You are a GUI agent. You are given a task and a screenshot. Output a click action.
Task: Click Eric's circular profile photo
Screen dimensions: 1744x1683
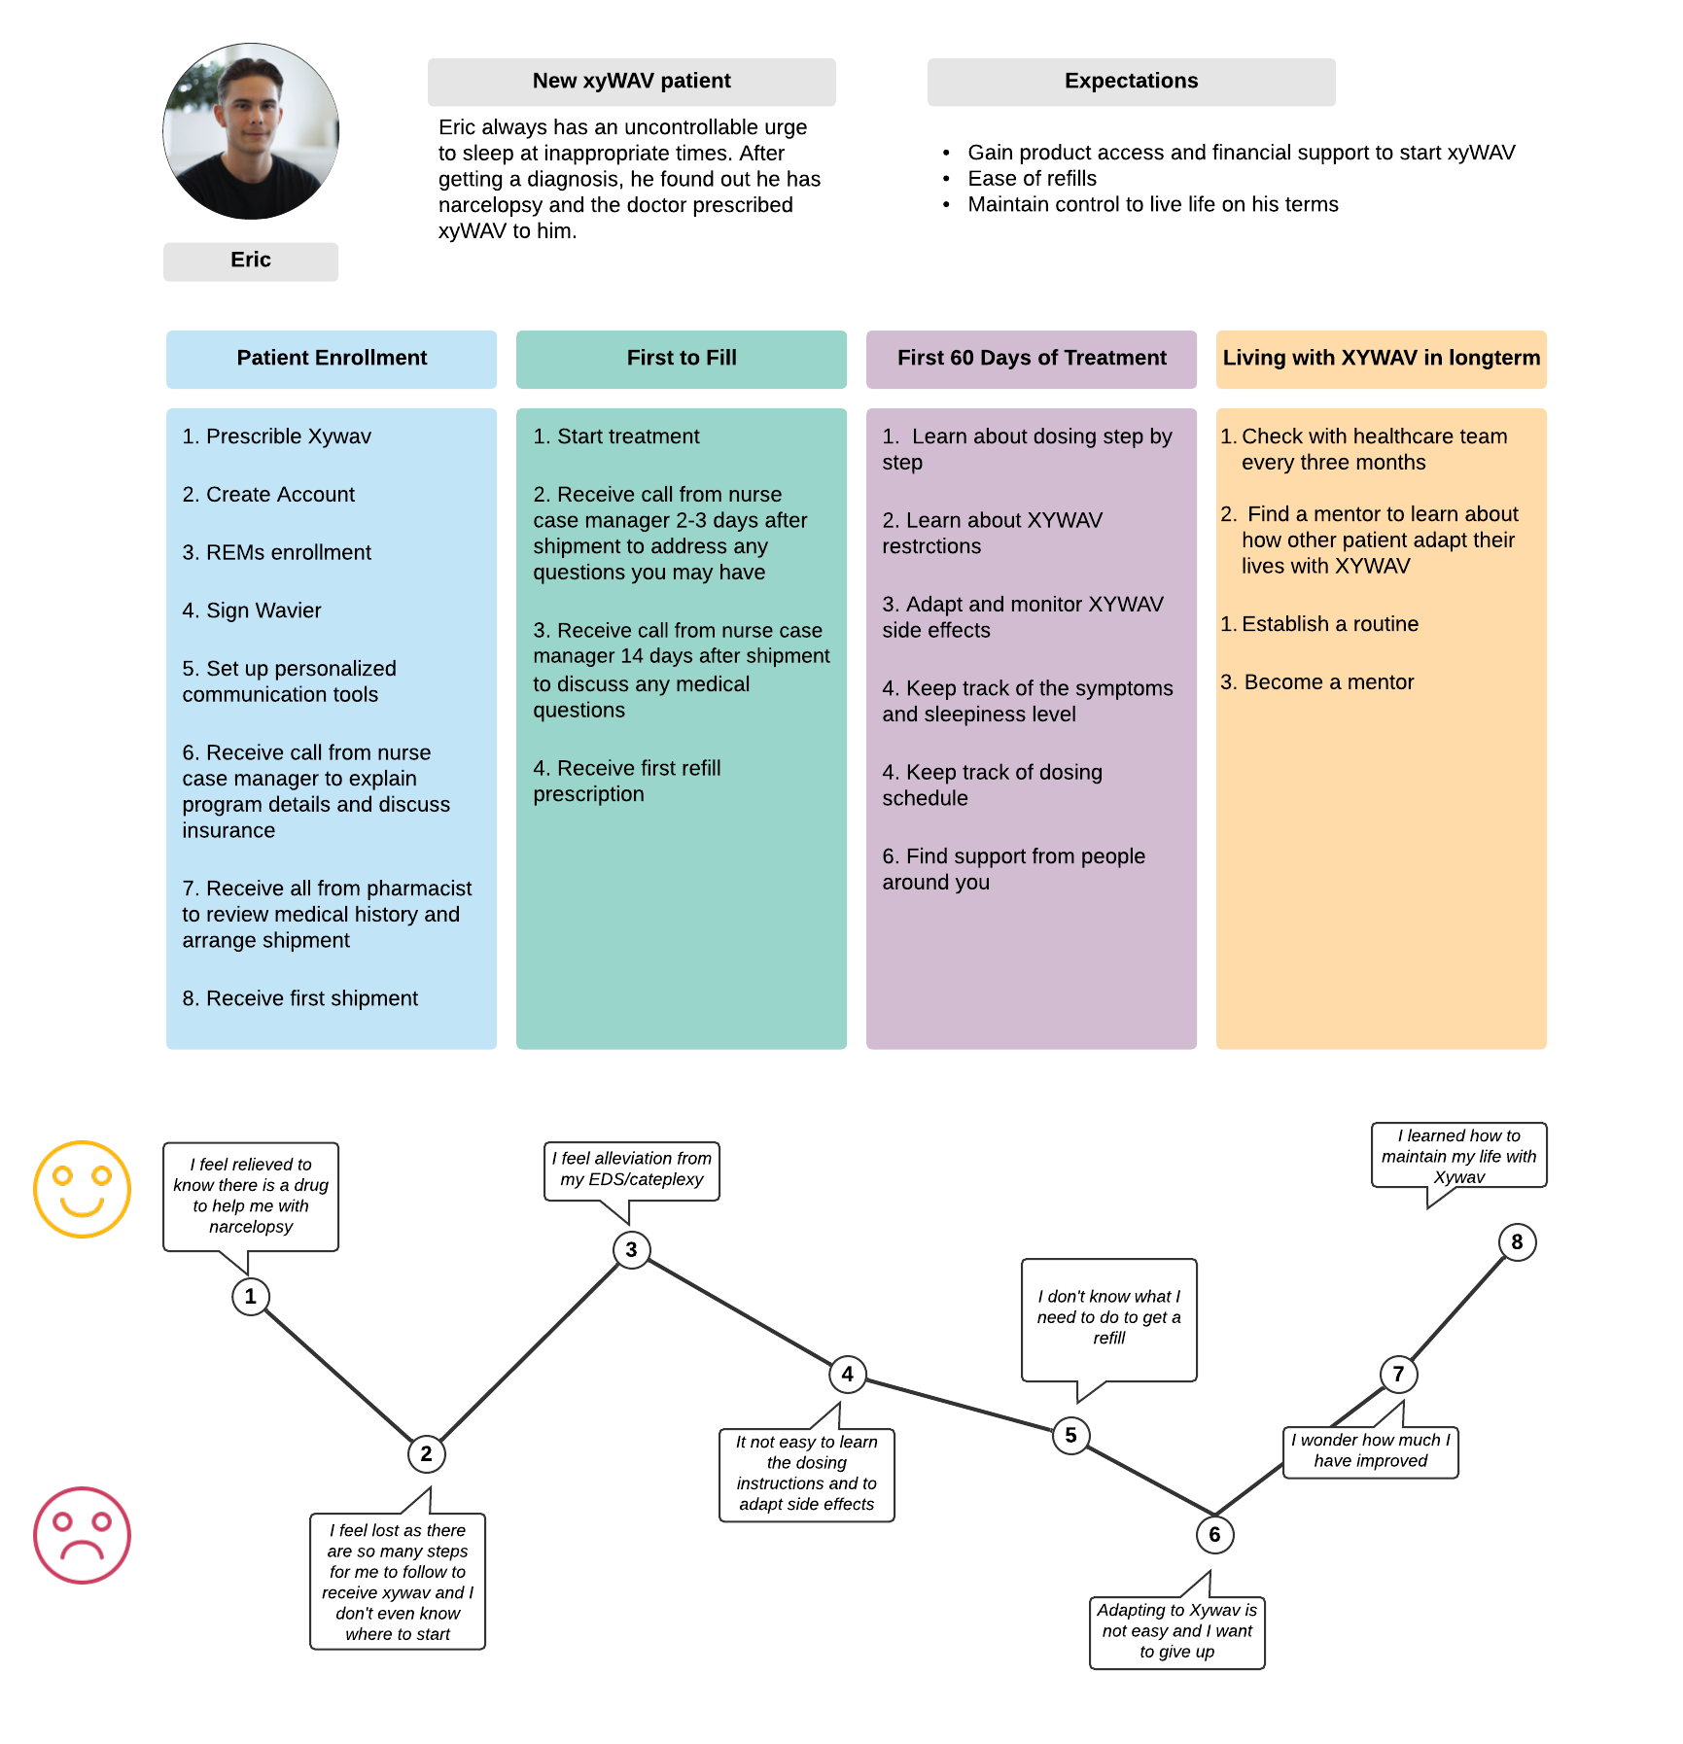point(251,131)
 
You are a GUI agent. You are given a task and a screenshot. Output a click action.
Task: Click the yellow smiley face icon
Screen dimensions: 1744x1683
point(83,1189)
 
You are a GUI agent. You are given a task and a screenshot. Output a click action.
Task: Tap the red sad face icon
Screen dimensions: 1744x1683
point(83,1535)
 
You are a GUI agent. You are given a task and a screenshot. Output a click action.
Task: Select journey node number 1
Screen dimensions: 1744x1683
point(251,1296)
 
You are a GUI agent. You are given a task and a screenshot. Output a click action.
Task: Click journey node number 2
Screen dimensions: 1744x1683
point(426,1453)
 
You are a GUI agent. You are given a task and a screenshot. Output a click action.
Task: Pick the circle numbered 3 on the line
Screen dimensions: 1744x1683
point(631,1249)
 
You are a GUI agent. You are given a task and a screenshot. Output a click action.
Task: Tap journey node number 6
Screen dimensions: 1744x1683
point(1214,1534)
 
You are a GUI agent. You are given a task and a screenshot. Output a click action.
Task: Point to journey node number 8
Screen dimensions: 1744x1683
point(1517,1241)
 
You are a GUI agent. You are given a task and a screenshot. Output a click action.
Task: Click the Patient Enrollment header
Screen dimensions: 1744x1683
point(332,359)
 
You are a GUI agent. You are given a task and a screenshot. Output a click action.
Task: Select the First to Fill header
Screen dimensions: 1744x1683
point(682,359)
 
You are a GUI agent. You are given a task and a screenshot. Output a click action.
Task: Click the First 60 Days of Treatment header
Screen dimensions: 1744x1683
point(1032,359)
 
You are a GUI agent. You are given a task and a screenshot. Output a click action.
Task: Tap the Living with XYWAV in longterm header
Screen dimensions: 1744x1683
point(1382,359)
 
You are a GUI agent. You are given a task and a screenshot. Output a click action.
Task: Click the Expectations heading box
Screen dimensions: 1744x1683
point(1131,82)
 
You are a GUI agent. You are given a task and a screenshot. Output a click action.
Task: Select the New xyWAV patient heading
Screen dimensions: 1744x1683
point(631,82)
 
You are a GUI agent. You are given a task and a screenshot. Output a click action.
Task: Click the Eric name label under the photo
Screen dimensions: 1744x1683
point(251,261)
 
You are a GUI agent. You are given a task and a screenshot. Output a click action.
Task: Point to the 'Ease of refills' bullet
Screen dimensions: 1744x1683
point(1032,179)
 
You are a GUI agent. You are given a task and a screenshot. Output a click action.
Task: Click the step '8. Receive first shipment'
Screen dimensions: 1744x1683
point(300,998)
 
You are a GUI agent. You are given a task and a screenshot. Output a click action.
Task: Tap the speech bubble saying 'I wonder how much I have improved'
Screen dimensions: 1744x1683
point(1370,1451)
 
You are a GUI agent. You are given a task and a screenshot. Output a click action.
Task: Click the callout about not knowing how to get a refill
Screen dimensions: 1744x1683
point(1108,1318)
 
